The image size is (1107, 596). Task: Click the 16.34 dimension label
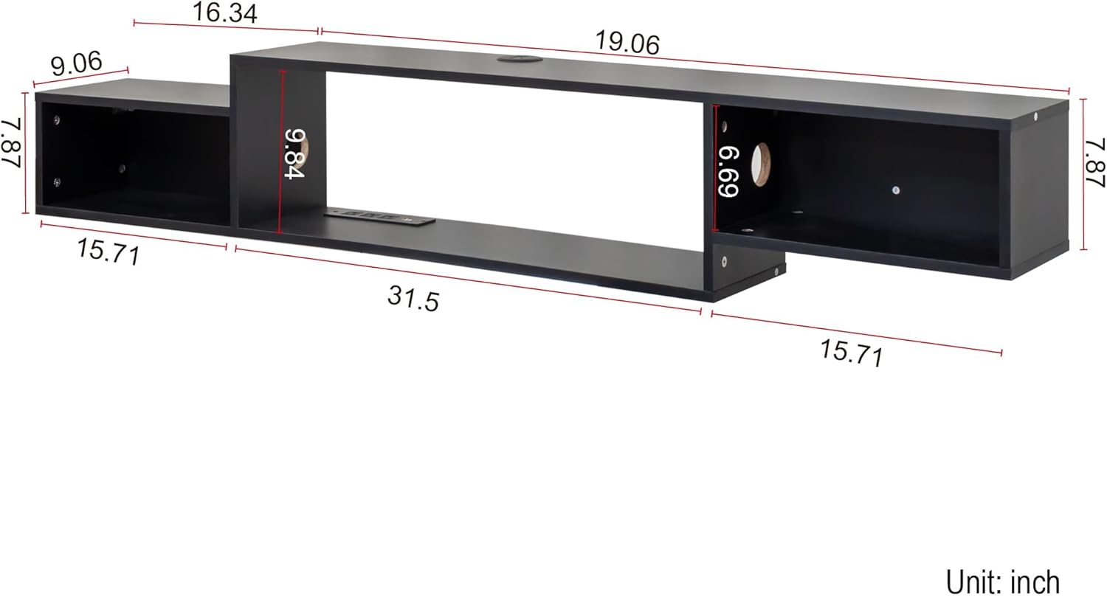point(225,13)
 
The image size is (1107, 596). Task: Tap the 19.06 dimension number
point(627,44)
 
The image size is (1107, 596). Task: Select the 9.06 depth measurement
point(77,64)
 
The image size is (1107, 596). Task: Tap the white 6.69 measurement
point(728,172)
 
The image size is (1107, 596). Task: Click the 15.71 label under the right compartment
point(851,353)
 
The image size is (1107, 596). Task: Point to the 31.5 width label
point(413,298)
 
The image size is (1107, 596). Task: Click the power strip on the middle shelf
point(380,216)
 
